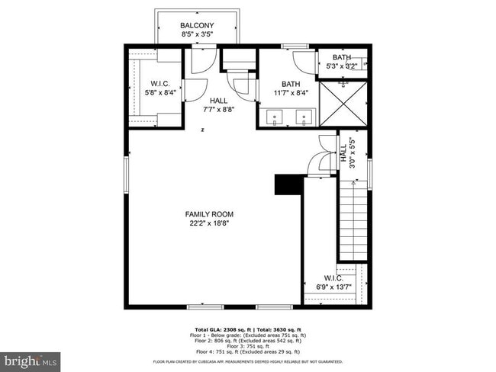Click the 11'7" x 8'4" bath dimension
[291, 93]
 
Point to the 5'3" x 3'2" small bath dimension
[341, 66]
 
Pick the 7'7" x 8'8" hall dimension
[218, 109]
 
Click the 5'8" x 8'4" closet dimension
[160, 93]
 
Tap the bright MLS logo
[31, 358]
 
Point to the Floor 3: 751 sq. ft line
[250, 346]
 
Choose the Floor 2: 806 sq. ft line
[250, 341]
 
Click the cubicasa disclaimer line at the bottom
[248, 361]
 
